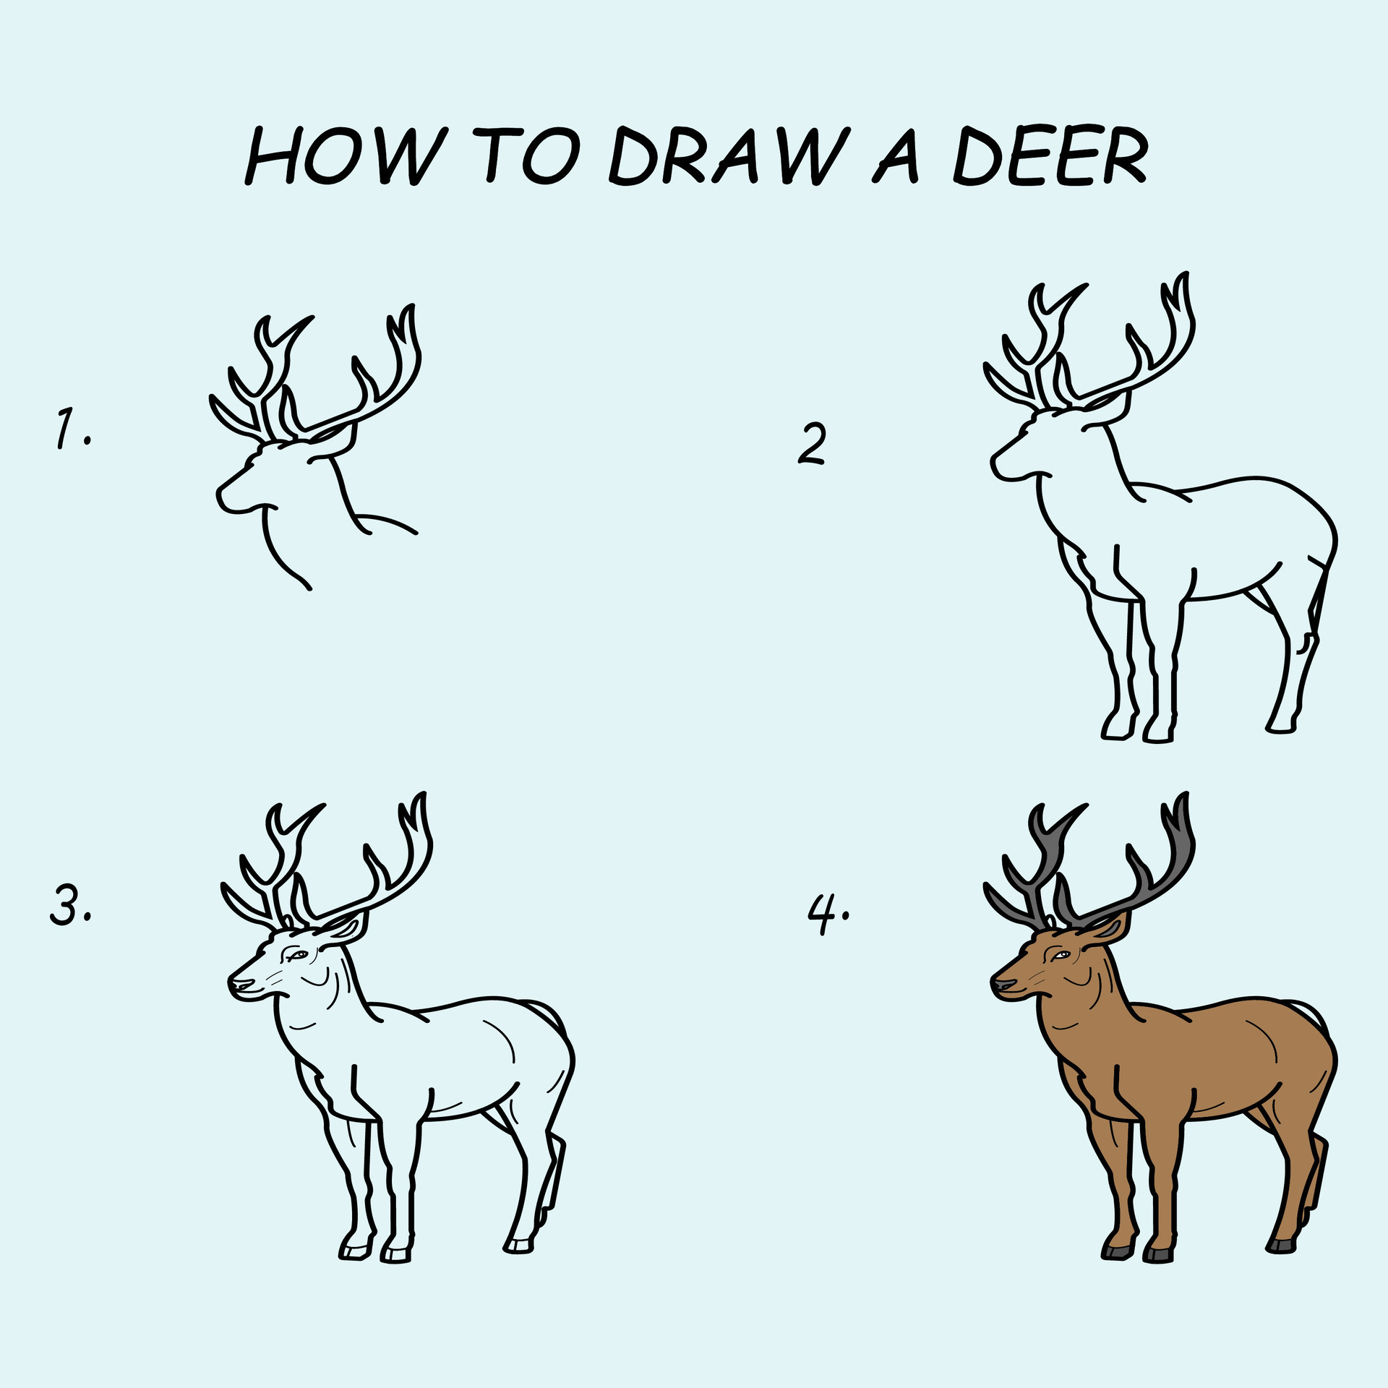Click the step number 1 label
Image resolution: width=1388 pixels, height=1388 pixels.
(x=72, y=428)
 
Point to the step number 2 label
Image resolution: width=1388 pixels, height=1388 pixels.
(x=812, y=444)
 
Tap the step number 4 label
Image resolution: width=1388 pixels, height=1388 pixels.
(x=826, y=914)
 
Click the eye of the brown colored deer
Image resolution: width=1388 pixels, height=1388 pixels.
(x=1060, y=956)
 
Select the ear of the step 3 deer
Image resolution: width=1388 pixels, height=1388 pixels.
(x=346, y=928)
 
